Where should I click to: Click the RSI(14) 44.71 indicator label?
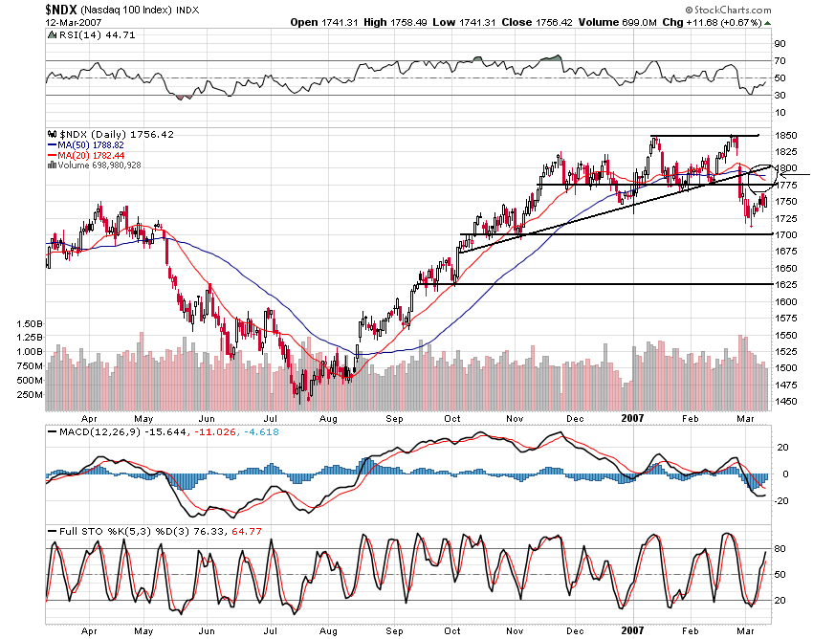click(81, 35)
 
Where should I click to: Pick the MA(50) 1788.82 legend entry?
click(86, 144)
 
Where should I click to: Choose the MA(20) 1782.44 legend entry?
click(86, 155)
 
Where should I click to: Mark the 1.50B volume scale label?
click(31, 324)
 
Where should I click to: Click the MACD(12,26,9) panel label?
click(91, 433)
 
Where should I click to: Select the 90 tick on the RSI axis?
click(780, 43)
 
